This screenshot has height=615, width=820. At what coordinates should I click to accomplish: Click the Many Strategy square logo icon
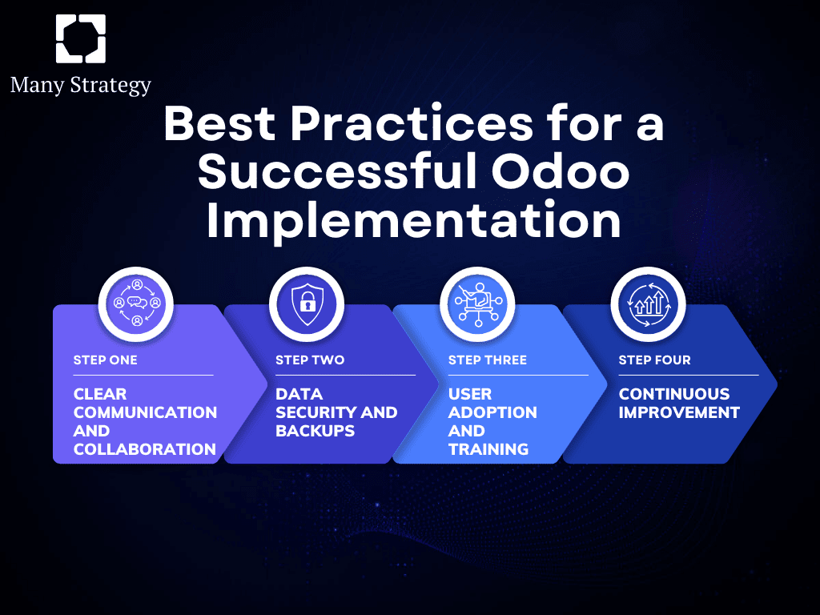tap(81, 38)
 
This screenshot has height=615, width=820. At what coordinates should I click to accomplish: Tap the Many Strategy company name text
tap(81, 85)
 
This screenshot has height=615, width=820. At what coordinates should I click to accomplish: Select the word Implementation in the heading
tap(414, 222)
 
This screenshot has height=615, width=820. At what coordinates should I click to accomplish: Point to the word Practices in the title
tap(412, 123)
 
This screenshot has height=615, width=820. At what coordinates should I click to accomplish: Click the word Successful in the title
tap(338, 171)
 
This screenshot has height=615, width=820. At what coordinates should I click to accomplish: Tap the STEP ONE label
tap(105, 360)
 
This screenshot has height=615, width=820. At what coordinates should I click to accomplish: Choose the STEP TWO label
tap(310, 360)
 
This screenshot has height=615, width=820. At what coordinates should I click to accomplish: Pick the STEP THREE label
tap(488, 360)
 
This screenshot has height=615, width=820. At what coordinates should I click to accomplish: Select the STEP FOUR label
tap(655, 360)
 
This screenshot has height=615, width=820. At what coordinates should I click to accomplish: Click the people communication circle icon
tap(136, 303)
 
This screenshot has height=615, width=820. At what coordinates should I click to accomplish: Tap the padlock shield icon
tap(307, 304)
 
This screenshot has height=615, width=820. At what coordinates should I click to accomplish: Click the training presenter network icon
tap(477, 304)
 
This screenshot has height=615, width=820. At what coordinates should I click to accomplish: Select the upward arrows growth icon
tap(649, 304)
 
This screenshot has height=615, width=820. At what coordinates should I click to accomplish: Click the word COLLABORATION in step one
tap(145, 449)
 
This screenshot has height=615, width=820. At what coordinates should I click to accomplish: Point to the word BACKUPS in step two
tap(316, 431)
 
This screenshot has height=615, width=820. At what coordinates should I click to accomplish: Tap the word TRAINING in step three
tap(488, 449)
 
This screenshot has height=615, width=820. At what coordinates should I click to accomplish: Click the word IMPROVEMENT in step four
tap(679, 412)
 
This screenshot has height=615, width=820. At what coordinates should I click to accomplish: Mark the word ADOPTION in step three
tap(492, 412)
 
